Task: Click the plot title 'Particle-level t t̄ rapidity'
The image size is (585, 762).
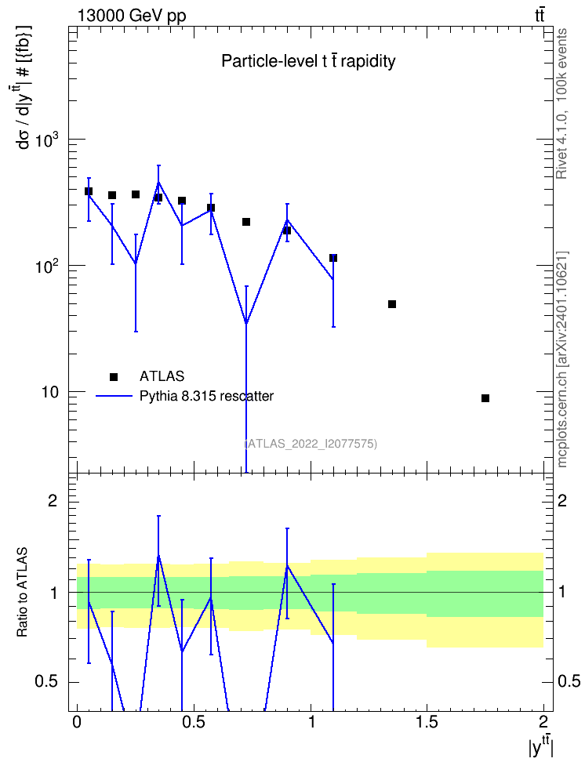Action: point(308,61)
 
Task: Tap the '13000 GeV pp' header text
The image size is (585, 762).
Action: point(132,16)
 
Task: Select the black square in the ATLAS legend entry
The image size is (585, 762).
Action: point(114,376)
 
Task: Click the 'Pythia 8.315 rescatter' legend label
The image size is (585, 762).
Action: point(206,396)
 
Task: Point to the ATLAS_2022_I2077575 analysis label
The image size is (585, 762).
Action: point(311,443)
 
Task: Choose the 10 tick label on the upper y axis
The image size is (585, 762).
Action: point(49,392)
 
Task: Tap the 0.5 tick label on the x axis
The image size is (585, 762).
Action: point(193,721)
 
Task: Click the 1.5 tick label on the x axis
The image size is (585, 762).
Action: point(427,721)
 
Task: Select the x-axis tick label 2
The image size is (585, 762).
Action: point(543,721)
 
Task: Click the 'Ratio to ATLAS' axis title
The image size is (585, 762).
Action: point(22,593)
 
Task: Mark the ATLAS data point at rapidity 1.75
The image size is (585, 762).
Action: point(485,398)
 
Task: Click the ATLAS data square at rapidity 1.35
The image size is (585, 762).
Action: point(392,304)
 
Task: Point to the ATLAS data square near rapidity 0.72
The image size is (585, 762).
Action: point(246,222)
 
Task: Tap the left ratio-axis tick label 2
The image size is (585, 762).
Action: point(53,500)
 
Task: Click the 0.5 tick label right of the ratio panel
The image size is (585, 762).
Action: point(569,681)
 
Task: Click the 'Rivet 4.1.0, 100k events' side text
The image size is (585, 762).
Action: point(561,103)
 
